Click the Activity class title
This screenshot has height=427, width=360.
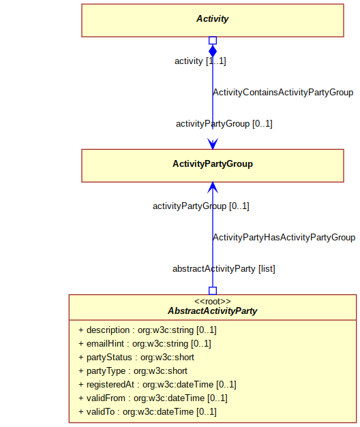pos(213,19)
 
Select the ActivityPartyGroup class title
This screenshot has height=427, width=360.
pos(213,164)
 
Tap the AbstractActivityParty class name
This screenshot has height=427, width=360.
pos(213,311)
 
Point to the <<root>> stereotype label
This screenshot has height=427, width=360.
pos(213,301)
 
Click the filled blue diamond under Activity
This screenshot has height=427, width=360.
pos(213,51)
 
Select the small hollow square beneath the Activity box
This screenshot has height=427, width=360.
pos(213,41)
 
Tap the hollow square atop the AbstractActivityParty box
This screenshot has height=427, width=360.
pos(213,291)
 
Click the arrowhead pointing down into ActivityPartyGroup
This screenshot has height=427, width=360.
pos(213,144)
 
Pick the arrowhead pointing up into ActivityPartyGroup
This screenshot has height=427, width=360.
pos(213,188)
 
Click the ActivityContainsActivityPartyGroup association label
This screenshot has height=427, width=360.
pos(283,93)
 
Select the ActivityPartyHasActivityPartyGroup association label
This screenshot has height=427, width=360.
pos(284,238)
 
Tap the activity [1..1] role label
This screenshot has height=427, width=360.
pos(200,61)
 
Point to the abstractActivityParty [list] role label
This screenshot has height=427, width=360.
pos(224,269)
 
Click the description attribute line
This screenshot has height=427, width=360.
pos(147,330)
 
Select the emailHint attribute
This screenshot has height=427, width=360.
pos(145,344)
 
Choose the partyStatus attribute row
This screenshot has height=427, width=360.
pos(136,358)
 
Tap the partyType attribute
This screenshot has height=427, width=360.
pos(133,371)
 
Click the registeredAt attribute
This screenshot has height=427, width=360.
pos(157,385)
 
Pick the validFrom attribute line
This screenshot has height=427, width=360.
pos(153,398)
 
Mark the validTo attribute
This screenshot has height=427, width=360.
pos(147,412)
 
